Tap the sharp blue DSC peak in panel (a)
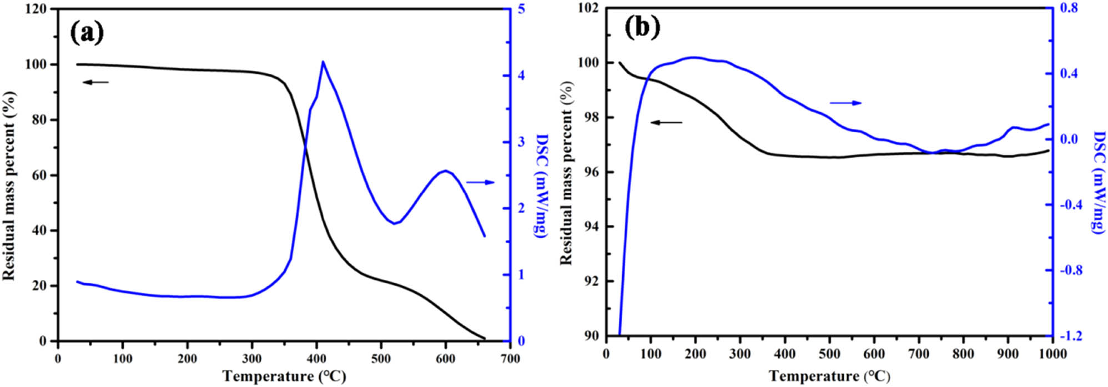click(x=323, y=62)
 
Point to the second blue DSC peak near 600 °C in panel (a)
click(x=445, y=171)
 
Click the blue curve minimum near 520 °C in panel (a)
click(x=395, y=224)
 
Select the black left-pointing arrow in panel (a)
click(x=96, y=82)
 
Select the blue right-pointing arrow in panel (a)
click(x=480, y=182)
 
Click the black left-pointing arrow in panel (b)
click(x=666, y=122)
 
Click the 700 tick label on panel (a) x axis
click(x=510, y=359)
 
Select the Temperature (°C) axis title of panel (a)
click(x=284, y=376)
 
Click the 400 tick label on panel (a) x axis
click(x=316, y=359)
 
